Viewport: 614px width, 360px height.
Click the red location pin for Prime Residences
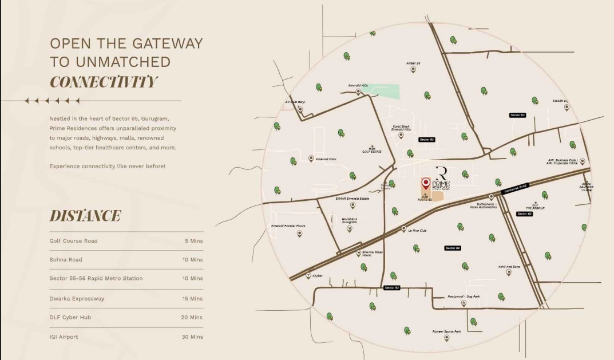point(426,183)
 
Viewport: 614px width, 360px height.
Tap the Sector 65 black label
point(427,140)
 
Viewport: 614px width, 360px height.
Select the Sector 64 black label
point(452,248)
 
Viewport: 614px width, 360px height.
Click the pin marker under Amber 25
point(413,69)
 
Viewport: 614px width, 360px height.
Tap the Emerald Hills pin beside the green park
point(359,92)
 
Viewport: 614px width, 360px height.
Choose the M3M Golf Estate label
point(372,149)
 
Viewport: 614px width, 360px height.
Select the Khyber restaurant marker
point(309,275)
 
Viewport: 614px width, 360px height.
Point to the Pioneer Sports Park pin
point(446,338)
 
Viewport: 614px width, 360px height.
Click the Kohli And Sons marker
point(508,272)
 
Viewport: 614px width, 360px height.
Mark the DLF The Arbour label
point(535,206)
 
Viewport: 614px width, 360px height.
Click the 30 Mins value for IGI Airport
point(192,337)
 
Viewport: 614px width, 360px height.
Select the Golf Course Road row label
point(73,241)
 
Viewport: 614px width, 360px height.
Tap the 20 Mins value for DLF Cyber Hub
point(192,317)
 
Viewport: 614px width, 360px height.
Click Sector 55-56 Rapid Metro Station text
point(96,278)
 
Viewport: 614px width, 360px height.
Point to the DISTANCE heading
point(85,216)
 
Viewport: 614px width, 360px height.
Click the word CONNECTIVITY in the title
point(103,81)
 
